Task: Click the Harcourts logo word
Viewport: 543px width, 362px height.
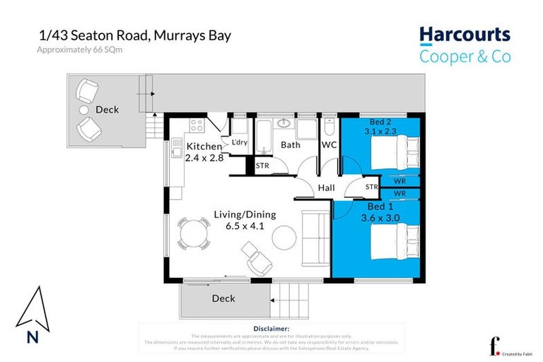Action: pos(464,35)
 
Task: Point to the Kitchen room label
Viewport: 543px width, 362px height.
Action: pos(204,146)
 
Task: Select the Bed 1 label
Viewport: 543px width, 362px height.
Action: pos(381,206)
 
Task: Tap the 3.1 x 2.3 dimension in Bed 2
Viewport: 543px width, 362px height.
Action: pos(381,131)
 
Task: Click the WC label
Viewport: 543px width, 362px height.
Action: pos(329,145)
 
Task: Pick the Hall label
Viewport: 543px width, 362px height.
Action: pos(326,188)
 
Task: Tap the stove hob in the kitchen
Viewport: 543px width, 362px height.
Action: pos(196,126)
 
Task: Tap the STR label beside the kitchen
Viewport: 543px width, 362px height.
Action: pos(262,165)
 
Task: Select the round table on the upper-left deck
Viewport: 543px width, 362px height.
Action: pos(83,110)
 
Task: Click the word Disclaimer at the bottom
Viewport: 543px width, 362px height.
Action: pos(271,329)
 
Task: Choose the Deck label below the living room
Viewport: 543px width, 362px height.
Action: pos(223,298)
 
